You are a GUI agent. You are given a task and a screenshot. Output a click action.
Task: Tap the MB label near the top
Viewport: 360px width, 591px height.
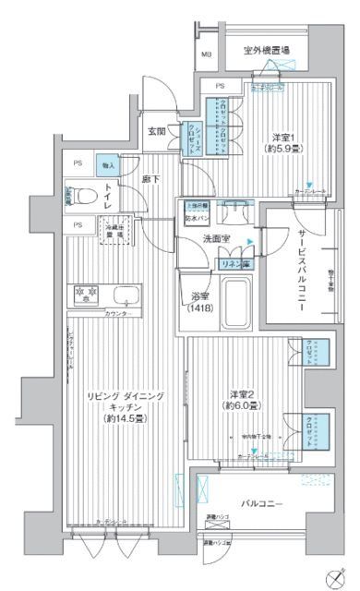coord(206,54)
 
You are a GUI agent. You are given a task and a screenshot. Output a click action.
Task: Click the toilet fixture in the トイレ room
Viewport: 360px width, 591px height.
coord(81,196)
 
